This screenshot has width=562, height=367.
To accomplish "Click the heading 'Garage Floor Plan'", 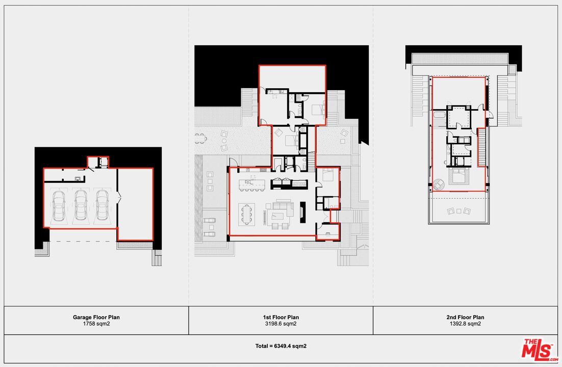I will tap(96, 317).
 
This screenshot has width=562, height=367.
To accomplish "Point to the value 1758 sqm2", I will tap(96, 324).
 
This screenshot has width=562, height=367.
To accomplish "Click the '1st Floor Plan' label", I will tap(281, 317).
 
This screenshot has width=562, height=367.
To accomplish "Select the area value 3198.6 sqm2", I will tap(281, 324).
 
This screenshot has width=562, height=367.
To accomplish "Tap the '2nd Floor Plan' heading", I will tap(465, 317).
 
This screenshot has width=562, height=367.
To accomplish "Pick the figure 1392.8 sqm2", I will tap(465, 324).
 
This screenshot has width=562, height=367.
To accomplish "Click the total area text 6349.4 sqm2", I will tap(281, 346).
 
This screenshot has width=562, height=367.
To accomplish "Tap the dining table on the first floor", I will tap(248, 214).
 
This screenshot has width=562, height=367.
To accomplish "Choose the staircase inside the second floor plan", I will tap(481, 148).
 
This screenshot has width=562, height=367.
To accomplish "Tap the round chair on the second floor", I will tap(439, 184).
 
